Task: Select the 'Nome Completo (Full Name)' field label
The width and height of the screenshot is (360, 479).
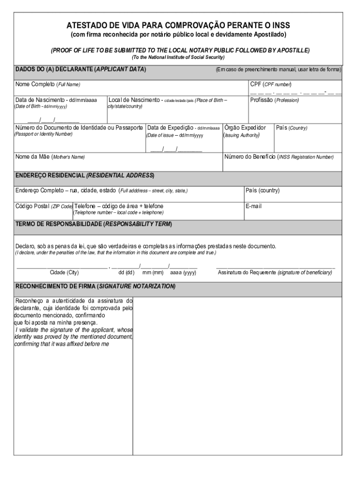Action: (48, 85)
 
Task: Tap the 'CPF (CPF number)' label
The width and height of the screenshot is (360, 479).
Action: (271, 85)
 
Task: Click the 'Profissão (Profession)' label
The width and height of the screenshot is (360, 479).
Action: (274, 100)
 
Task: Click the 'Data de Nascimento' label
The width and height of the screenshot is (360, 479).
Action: (56, 100)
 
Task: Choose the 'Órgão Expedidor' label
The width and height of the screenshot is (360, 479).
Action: (245, 128)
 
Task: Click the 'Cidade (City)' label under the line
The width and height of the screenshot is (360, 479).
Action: (64, 272)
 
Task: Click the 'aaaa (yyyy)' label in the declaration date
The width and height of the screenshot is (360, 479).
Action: (183, 272)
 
